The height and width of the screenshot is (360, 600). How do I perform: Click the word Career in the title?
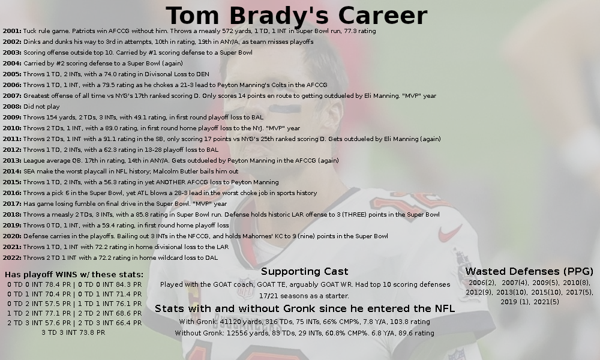tap(382, 16)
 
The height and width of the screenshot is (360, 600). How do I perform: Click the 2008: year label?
tap(12, 106)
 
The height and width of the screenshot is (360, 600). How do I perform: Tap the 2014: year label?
tap(12, 172)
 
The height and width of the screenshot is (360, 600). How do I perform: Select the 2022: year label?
tap(12, 258)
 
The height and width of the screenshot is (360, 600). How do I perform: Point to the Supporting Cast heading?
tap(305, 272)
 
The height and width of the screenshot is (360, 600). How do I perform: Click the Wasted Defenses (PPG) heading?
tap(529, 272)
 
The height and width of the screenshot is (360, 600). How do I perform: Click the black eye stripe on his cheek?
tap(284, 109)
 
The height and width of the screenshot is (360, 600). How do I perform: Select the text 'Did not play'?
tap(41, 107)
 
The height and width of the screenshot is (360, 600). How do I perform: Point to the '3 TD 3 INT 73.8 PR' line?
tap(73, 333)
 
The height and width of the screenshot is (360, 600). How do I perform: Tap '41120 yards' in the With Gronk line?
tap(215, 322)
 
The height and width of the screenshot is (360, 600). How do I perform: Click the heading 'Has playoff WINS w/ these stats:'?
tap(74, 275)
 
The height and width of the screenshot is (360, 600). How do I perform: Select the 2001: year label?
tap(12, 31)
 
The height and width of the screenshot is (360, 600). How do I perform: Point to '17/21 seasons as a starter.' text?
tap(304, 296)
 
